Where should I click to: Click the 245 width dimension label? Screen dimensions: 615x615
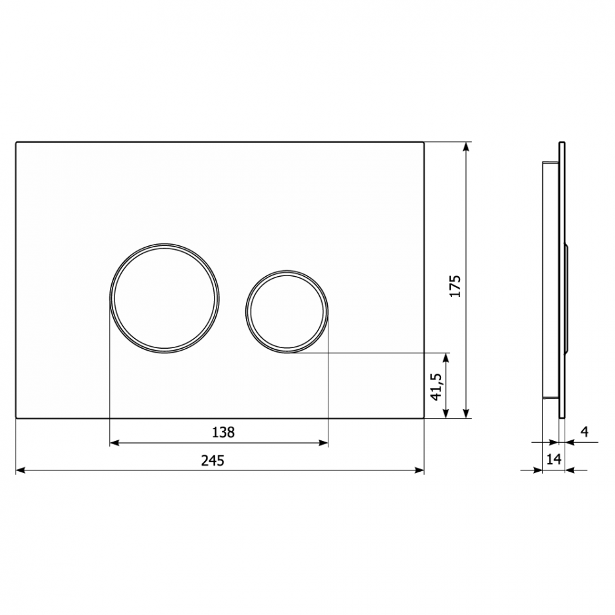click(x=213, y=460)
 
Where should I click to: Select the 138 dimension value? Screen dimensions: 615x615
click(x=223, y=432)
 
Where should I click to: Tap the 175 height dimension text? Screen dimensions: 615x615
click(x=455, y=286)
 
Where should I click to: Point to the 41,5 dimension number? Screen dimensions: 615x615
click(x=436, y=387)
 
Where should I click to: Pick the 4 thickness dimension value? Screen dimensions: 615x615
click(x=584, y=432)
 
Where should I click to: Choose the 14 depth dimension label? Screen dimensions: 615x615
click(x=553, y=459)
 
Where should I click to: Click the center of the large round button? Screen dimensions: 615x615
click(x=164, y=298)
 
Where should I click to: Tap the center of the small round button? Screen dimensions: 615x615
click(x=287, y=311)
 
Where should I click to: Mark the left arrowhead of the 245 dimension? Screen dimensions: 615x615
click(x=20, y=470)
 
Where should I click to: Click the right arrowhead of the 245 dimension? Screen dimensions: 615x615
click(x=419, y=470)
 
